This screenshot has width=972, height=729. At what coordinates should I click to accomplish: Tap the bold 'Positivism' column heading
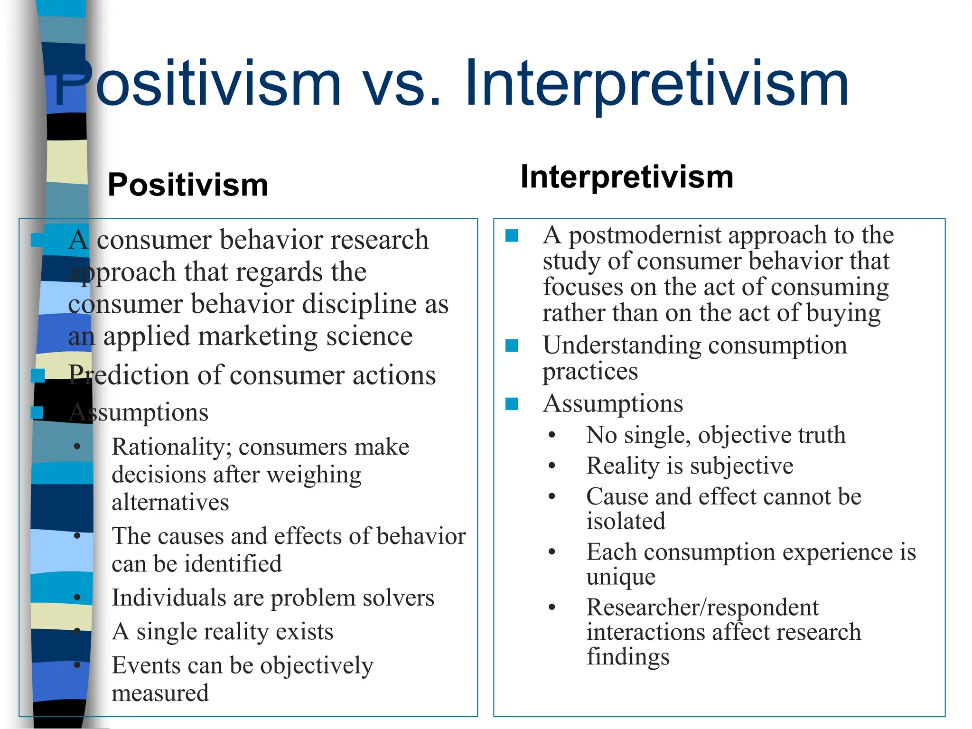pos(188,185)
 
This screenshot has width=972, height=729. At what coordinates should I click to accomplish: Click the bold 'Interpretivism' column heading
pos(627,177)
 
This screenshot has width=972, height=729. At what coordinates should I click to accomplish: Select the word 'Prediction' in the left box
pos(129,375)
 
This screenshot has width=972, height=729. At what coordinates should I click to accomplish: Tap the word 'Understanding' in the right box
pos(622,345)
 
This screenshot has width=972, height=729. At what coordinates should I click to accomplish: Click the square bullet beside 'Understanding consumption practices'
pos(512,346)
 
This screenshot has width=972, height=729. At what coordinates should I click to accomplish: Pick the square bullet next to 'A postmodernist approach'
pos(512,235)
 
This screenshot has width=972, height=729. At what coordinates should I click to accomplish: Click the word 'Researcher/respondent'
pos(702,607)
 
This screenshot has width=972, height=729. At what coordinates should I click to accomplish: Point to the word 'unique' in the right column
pos(621,577)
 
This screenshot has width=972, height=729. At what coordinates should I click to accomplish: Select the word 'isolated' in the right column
pos(626,522)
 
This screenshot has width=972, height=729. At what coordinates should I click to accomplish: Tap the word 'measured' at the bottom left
pos(160,693)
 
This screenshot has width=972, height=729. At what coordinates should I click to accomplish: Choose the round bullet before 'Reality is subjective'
pos(551,466)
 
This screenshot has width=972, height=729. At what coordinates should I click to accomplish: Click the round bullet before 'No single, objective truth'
pos(551,435)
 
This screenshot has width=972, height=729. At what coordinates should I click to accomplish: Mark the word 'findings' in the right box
pos(628,657)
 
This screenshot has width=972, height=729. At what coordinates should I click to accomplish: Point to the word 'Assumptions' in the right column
pos(613,404)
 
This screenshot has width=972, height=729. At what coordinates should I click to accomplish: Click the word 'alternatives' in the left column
pos(170,503)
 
